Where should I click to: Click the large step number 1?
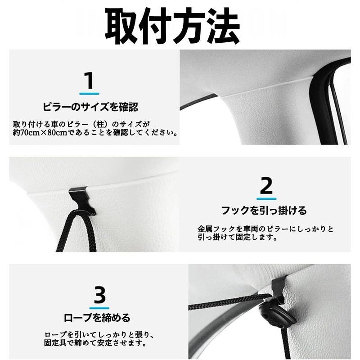[x=90, y=81]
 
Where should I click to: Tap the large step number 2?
[x=266, y=185]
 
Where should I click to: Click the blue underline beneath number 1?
[x=90, y=93]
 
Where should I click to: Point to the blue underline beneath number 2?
[x=266, y=198]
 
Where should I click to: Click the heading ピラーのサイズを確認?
[x=90, y=107]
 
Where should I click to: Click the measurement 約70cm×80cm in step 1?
[x=38, y=133]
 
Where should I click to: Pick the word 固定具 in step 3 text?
[x=56, y=344]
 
